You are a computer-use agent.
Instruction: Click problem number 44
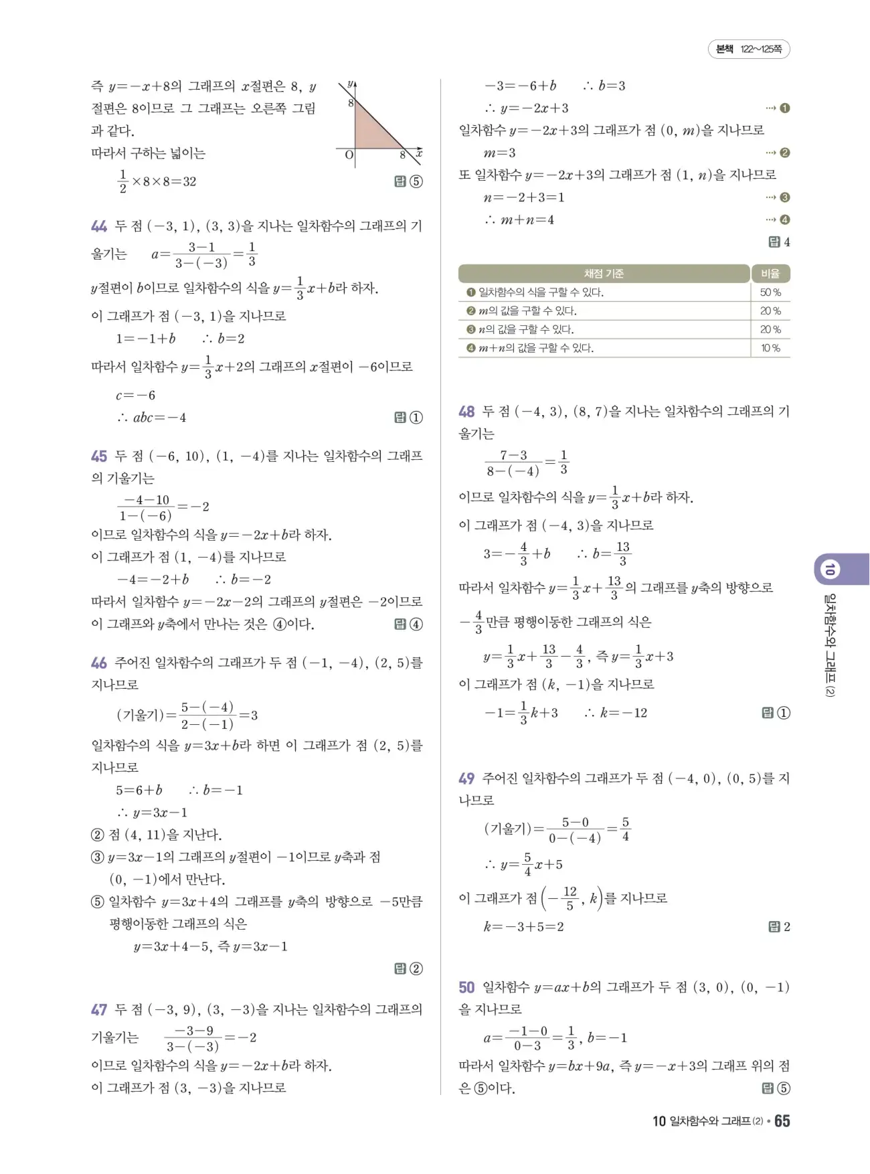(99, 226)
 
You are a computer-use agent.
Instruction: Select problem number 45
(99, 456)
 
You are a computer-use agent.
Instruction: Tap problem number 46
(99, 663)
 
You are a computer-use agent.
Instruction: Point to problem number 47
(99, 1010)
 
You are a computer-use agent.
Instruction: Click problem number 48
(466, 412)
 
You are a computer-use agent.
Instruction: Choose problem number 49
(466, 778)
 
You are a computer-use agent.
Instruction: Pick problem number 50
(466, 987)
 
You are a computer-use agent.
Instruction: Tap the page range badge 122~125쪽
(749, 49)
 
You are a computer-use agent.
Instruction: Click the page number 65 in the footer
(782, 1121)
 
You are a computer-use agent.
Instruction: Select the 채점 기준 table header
(604, 273)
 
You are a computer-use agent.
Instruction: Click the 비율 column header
(770, 273)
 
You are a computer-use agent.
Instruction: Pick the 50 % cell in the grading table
(770, 292)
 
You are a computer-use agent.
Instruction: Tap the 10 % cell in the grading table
(770, 348)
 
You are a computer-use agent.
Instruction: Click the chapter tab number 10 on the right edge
(830, 570)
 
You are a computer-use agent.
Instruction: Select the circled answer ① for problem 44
(416, 418)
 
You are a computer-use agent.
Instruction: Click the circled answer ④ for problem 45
(416, 624)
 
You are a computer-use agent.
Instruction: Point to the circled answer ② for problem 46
(416, 969)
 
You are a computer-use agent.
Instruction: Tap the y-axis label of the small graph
(351, 84)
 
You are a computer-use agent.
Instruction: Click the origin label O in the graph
(349, 155)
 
